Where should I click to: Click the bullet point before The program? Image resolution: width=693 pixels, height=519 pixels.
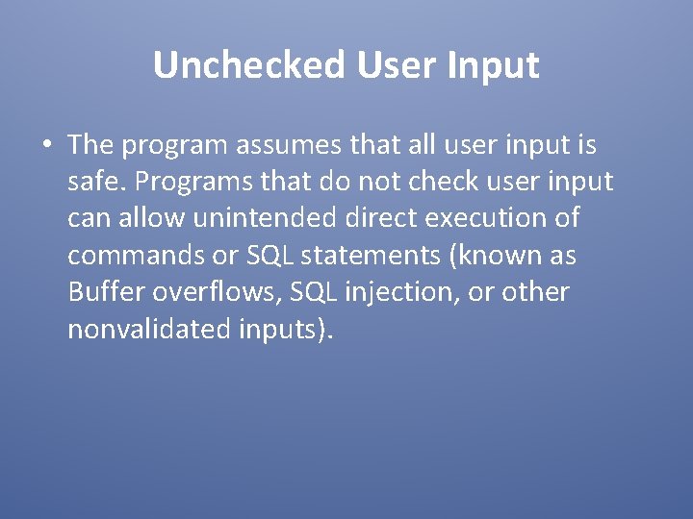click(46, 146)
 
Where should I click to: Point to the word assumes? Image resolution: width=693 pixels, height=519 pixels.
click(297, 146)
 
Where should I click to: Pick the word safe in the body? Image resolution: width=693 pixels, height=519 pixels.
click(94, 183)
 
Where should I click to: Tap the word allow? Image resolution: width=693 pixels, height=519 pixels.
click(153, 219)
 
